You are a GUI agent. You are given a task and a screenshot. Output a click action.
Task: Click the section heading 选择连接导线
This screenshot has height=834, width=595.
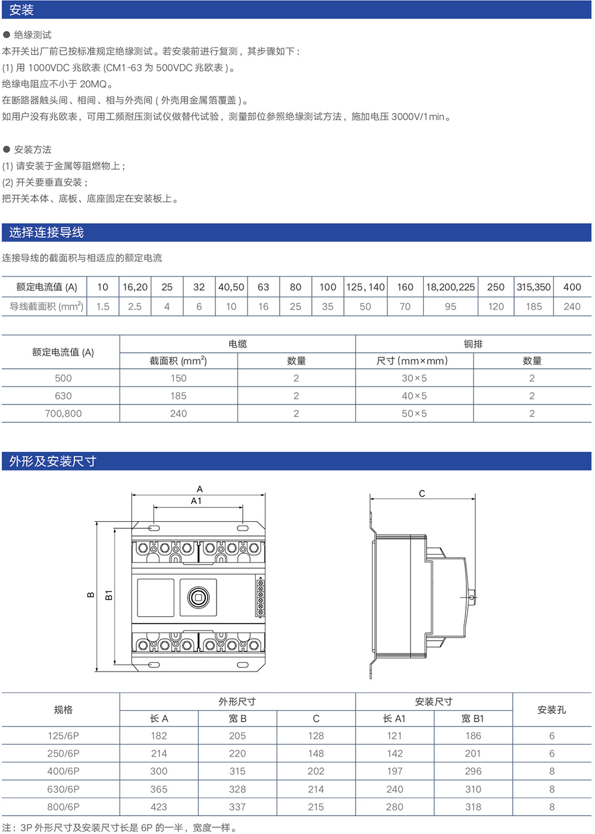point(46,233)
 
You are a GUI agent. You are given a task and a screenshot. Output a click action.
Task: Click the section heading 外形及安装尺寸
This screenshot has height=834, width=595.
point(52,461)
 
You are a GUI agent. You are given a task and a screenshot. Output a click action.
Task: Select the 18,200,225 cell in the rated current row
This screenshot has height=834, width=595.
point(450,287)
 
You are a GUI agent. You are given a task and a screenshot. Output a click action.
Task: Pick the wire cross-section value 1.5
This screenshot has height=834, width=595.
point(103,306)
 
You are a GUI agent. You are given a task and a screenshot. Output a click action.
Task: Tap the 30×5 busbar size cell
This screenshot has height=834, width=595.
point(414,378)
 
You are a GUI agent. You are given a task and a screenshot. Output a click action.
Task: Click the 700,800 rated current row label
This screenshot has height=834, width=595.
point(63,413)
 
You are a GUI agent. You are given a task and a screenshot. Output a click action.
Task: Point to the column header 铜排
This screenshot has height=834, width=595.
point(473,344)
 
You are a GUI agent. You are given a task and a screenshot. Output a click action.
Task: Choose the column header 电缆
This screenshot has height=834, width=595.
point(237,344)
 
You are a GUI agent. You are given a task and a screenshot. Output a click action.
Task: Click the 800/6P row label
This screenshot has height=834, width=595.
point(63,807)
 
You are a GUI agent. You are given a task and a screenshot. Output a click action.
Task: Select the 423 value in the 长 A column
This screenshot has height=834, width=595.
point(159,807)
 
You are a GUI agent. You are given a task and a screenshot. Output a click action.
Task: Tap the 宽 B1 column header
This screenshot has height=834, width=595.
point(473,719)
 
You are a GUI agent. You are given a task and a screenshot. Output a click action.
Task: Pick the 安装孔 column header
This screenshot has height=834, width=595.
point(552,710)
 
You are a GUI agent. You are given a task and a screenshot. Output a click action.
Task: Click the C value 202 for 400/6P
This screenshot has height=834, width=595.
point(316,771)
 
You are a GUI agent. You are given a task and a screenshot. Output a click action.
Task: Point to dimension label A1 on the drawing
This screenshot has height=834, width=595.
point(196,501)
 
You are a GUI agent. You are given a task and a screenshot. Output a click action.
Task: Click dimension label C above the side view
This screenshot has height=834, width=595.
point(422,493)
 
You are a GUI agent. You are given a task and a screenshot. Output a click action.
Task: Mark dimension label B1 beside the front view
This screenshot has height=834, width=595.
point(109,595)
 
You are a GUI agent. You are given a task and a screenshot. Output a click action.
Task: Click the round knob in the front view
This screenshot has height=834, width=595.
point(198,597)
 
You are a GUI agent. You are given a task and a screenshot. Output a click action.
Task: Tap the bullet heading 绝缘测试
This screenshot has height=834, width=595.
point(33,35)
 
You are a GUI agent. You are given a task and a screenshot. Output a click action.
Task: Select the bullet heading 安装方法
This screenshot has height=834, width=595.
point(33,149)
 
